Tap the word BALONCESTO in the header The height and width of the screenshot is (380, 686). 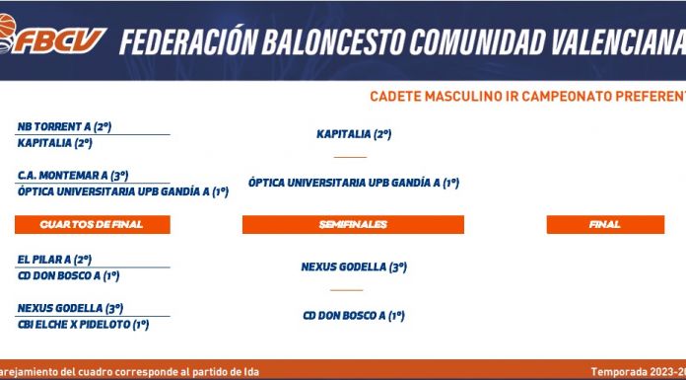(334, 42)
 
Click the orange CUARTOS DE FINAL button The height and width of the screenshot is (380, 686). (93, 224)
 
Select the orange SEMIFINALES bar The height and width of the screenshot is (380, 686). (353, 224)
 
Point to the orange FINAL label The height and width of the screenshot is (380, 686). (605, 224)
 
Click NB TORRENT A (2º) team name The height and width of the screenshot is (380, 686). (64, 126)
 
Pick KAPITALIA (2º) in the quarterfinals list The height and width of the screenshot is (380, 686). (54, 143)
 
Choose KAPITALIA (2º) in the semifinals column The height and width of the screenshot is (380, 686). (354, 134)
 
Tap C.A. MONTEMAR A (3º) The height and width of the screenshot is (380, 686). (73, 176)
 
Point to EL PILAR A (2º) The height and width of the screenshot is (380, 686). (54, 260)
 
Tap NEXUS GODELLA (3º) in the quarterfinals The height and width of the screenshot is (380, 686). (70, 308)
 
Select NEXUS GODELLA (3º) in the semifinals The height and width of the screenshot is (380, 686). (354, 266)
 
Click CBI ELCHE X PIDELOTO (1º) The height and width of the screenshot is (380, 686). (83, 325)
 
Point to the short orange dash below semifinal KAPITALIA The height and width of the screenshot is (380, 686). (350, 157)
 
